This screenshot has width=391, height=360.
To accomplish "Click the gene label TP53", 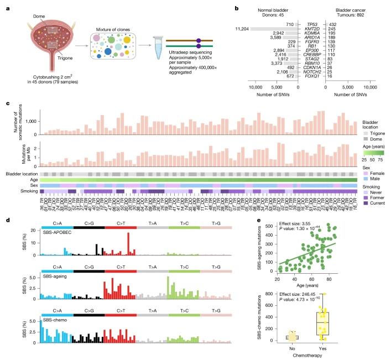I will click(x=311, y=24).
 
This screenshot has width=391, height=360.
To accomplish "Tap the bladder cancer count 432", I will click(x=334, y=24).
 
